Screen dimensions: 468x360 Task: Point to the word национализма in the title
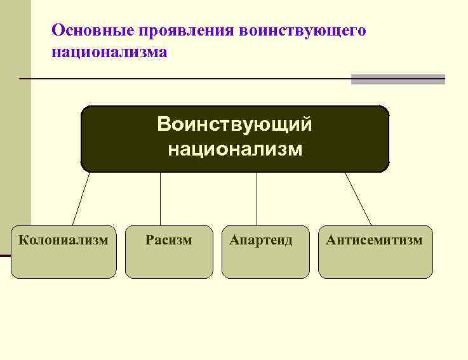[110, 51]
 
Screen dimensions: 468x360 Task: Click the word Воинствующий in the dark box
[234, 124]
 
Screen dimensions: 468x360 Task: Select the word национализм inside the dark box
[234, 150]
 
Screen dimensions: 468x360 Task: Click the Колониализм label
[64, 240]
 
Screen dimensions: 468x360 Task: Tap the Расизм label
[168, 240]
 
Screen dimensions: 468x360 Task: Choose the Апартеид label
[261, 240]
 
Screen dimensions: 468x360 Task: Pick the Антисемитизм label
[374, 240]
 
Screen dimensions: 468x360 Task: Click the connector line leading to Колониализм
[81, 199]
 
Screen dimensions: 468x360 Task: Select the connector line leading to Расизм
[160, 199]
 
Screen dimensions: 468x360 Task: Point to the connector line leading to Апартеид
[257, 199]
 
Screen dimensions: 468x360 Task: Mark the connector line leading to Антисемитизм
[358, 199]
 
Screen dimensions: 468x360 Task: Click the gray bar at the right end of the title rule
[398, 79]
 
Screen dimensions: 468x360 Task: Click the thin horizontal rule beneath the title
[184, 79]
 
